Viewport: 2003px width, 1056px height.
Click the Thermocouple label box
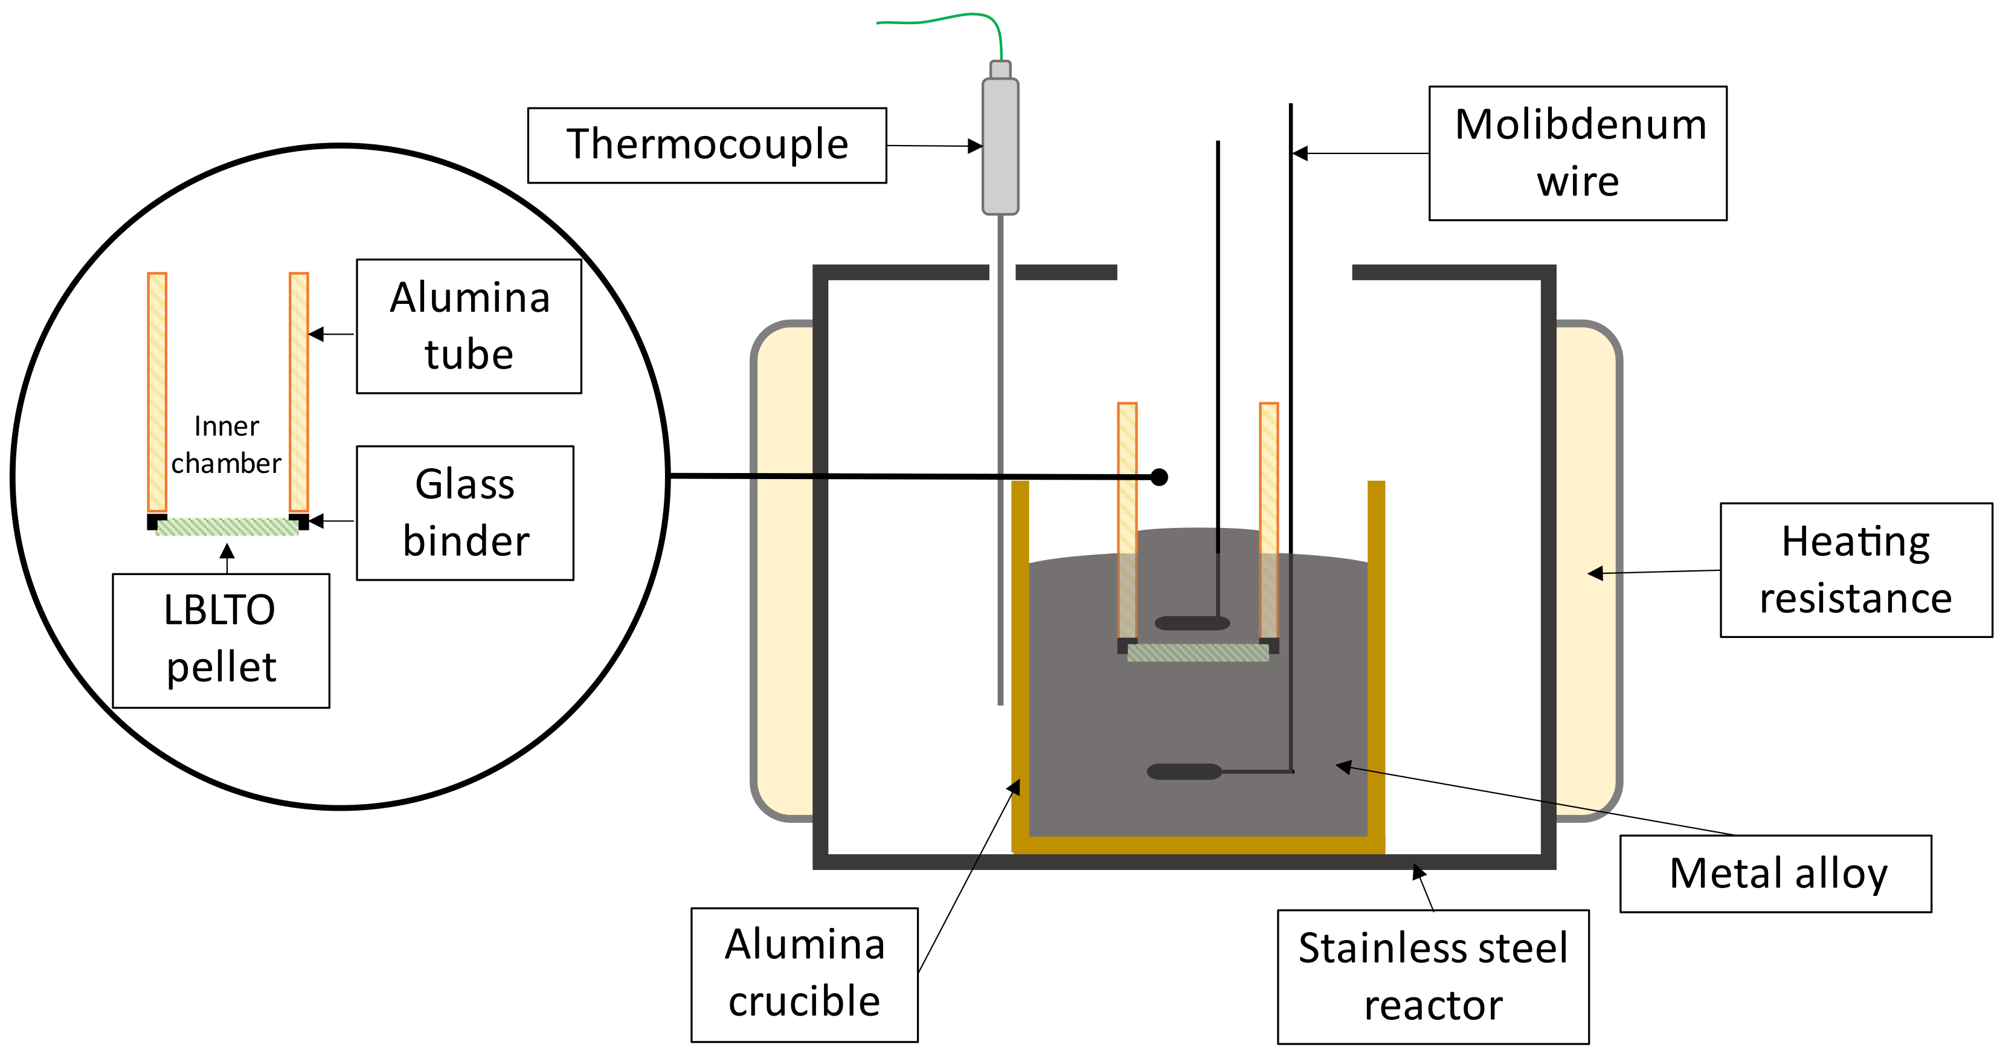pos(706,146)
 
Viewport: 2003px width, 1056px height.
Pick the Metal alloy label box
pos(1775,874)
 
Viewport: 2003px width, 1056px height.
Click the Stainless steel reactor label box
pos(1432,977)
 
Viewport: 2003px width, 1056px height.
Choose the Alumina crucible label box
pos(804,974)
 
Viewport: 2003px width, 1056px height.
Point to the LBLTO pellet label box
pos(221,640)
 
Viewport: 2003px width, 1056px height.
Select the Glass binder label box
pos(465,512)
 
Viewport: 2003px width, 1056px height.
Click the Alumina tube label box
pos(469,326)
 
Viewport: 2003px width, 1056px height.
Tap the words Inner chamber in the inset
pos(227,445)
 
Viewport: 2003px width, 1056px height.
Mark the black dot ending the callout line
pos(1159,477)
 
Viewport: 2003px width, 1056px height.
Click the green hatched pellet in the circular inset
pos(227,527)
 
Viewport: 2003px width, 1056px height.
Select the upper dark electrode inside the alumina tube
pos(1192,623)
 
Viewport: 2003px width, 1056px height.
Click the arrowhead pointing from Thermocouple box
pos(975,146)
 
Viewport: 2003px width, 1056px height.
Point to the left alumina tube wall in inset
pos(157,391)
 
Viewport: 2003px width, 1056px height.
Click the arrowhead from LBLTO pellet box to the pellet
pos(227,552)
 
